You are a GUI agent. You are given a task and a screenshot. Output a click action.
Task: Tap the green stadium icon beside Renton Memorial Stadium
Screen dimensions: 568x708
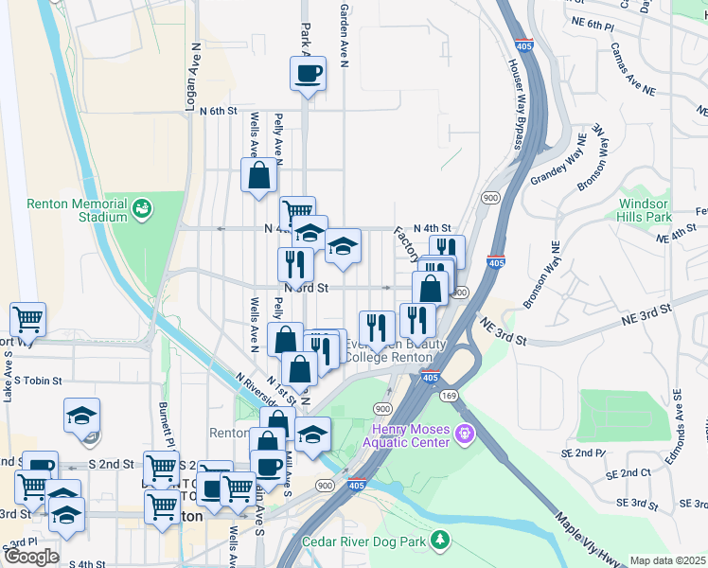click(x=142, y=206)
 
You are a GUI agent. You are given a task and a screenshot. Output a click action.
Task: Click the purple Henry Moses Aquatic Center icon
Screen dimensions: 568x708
click(x=464, y=435)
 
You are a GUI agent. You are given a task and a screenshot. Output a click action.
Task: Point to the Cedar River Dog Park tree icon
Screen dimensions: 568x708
click(x=439, y=541)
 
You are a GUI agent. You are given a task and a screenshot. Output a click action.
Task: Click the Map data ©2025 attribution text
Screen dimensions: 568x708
click(x=667, y=560)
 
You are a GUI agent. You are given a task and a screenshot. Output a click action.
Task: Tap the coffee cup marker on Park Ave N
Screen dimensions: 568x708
click(x=308, y=74)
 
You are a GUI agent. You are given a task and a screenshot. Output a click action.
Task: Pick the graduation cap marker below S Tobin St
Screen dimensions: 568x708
click(x=82, y=416)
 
